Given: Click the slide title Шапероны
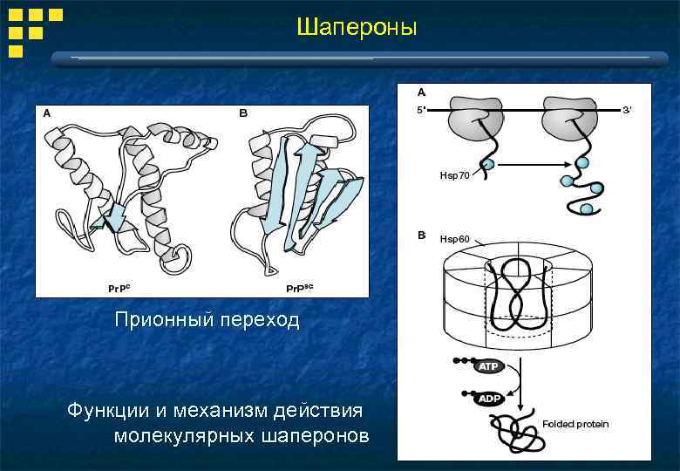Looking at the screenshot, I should (357, 28).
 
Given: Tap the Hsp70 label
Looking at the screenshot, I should (454, 175).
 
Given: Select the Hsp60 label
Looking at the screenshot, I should (454, 239).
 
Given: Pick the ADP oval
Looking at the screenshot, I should (487, 398).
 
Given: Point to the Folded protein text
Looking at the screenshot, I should (575, 424).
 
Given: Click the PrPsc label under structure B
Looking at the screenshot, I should (301, 287).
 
